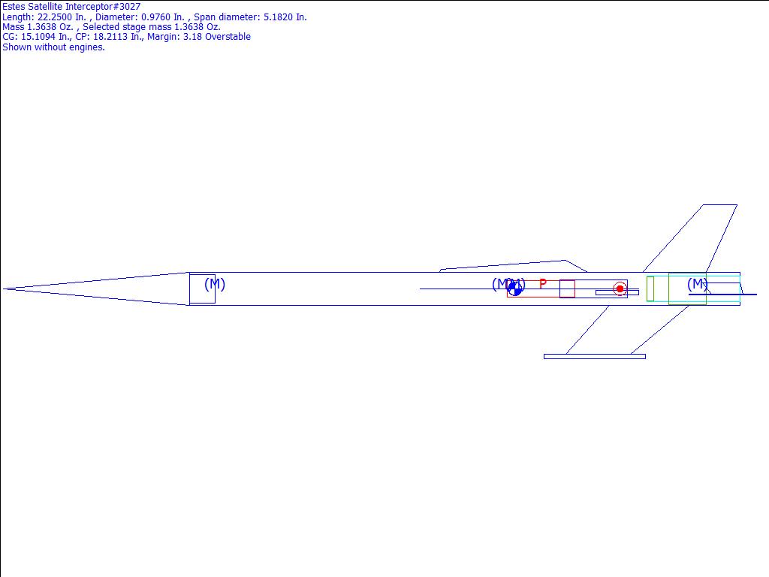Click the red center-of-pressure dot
(x=620, y=289)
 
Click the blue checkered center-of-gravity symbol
(x=514, y=288)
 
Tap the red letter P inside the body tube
(x=542, y=283)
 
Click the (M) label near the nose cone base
(x=214, y=284)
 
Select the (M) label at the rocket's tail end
(x=697, y=283)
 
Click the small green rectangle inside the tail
(x=650, y=289)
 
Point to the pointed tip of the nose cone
(x=4, y=289)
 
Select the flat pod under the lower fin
(x=595, y=357)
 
